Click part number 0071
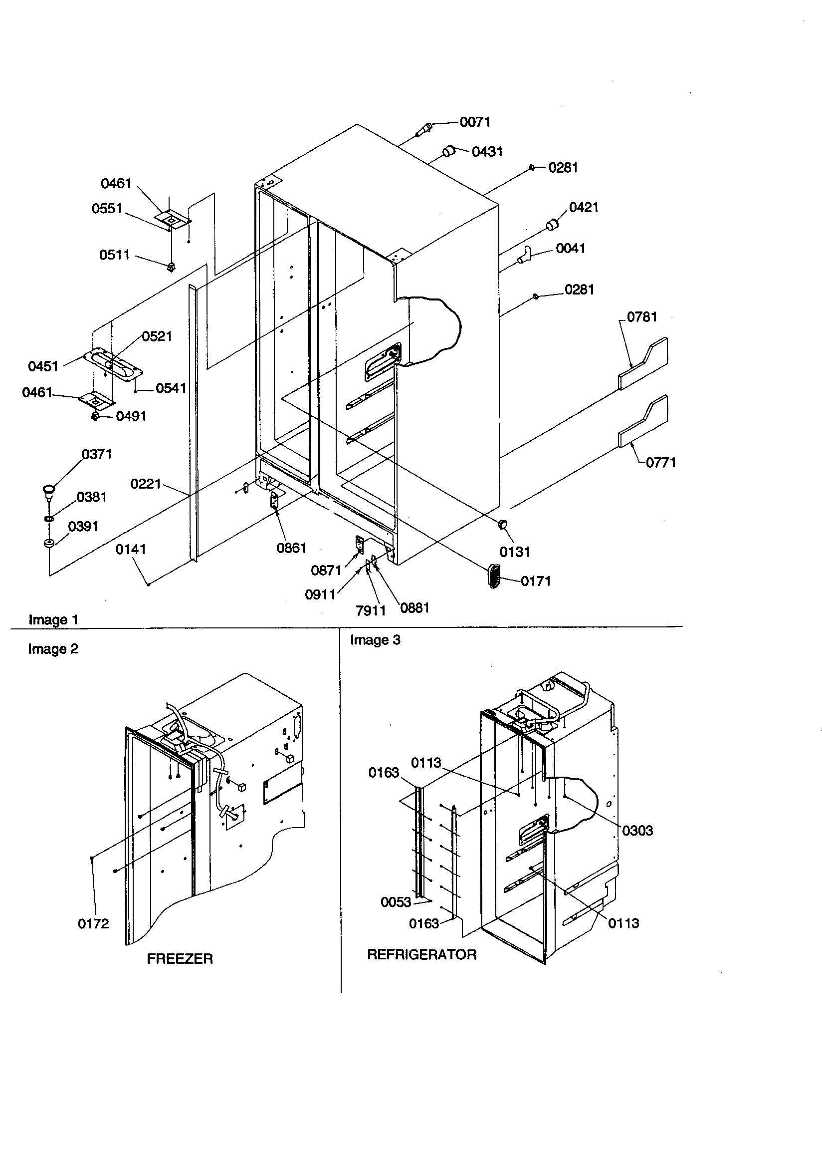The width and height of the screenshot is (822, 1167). point(474,122)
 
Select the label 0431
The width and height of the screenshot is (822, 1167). point(487,151)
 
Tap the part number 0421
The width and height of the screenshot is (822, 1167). point(583,207)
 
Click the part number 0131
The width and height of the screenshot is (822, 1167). point(514,552)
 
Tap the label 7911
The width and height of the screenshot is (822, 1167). point(371,610)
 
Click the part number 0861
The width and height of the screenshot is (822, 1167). point(291,548)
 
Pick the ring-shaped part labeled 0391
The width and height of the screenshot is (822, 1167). point(49,544)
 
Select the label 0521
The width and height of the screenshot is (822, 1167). point(157,336)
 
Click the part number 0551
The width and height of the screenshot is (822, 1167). point(107,209)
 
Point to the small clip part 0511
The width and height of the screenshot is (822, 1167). point(171,266)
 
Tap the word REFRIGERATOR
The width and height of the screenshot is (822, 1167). point(421,954)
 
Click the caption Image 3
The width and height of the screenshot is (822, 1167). point(375,640)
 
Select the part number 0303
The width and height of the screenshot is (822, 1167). point(637,831)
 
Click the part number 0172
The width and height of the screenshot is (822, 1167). point(93,923)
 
